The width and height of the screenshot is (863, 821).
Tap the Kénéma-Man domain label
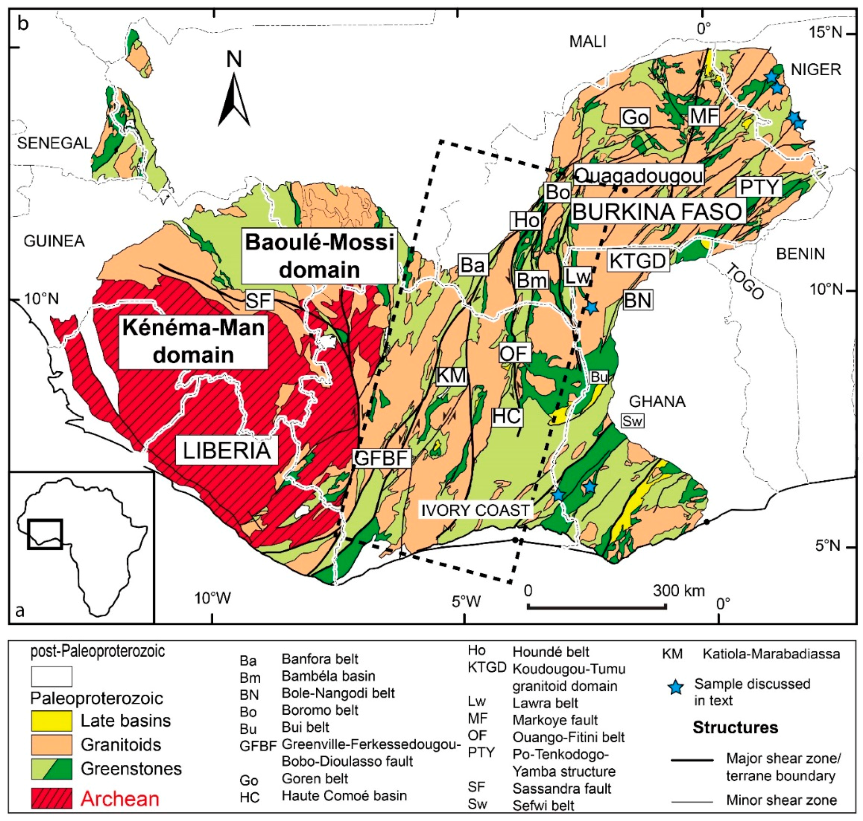click(x=193, y=341)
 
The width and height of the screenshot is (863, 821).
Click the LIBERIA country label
click(x=226, y=451)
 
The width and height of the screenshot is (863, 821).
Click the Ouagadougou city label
click(x=638, y=175)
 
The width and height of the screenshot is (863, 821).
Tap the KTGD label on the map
click(x=638, y=261)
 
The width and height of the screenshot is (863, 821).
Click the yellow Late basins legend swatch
click(x=51, y=720)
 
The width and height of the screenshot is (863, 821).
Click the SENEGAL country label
click(x=54, y=143)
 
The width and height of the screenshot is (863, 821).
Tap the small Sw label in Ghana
click(x=632, y=421)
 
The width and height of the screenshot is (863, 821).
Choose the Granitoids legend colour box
click(x=51, y=745)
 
